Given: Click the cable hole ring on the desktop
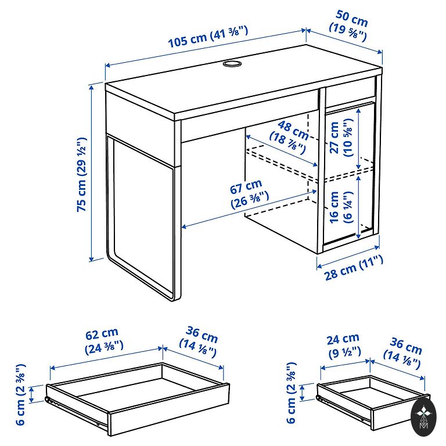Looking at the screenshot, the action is [232, 63].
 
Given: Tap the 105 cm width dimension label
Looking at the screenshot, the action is [208, 36].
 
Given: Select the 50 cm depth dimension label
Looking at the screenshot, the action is [349, 25].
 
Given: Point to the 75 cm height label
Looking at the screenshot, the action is [82, 174].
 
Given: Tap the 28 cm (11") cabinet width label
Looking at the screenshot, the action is [354, 268].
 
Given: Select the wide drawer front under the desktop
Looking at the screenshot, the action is [249, 116].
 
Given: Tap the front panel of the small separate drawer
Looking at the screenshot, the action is [399, 412].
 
